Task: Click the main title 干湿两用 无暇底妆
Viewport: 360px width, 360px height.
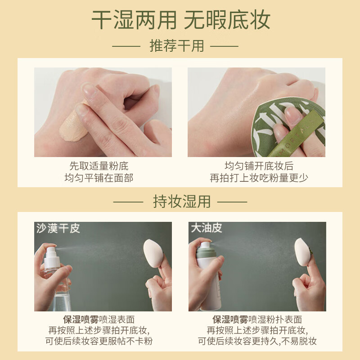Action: (180, 20)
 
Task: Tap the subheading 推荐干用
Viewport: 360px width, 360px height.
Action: (176, 46)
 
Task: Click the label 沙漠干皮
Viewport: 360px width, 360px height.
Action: (58, 229)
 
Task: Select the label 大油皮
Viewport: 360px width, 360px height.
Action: (207, 228)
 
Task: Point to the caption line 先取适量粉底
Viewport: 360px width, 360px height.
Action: (99, 166)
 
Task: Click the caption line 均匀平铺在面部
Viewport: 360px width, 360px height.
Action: (99, 178)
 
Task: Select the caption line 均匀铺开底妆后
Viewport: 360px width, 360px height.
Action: (259, 166)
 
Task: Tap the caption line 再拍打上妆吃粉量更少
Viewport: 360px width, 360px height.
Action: (259, 178)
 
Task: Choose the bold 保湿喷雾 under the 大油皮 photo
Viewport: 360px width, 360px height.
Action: (230, 319)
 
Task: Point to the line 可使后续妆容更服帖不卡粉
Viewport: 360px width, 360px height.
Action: (99, 341)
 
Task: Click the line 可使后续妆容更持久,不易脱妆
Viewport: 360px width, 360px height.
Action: (259, 341)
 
